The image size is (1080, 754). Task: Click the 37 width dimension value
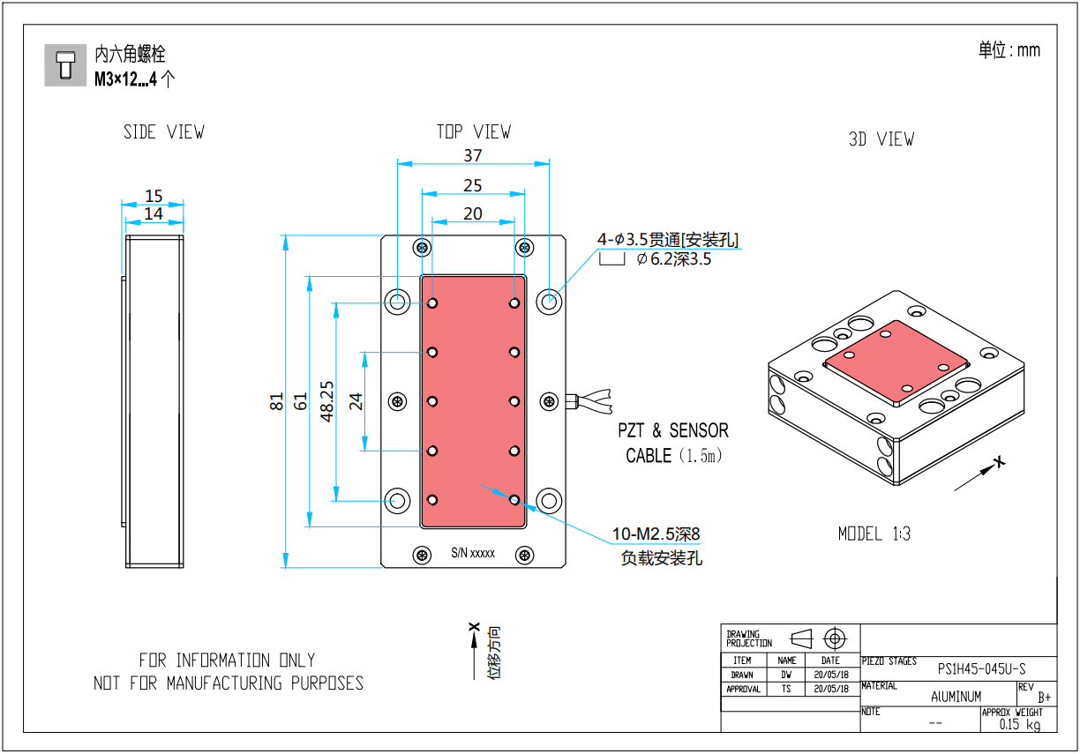coord(473,155)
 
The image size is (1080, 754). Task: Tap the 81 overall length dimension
coord(276,401)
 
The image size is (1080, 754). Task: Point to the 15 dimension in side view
coord(154,196)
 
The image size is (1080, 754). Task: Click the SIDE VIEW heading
coord(163,132)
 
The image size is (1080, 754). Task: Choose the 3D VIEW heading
coord(881,139)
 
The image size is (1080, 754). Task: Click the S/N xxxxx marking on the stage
coord(473,554)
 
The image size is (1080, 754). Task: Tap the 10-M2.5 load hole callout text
coord(657,534)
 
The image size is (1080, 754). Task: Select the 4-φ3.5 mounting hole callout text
coord(668,239)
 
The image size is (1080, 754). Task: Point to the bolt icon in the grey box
coord(64,65)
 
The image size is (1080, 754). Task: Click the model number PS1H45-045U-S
coord(981,668)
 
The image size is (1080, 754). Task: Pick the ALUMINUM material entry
coord(956,696)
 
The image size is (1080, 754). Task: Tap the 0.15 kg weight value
coord(1019,724)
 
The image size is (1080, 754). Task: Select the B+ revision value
coord(1044,697)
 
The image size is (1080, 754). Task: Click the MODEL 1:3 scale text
coord(874,534)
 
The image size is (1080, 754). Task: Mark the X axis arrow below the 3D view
coord(979,473)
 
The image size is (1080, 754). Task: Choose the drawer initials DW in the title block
coord(786,675)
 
